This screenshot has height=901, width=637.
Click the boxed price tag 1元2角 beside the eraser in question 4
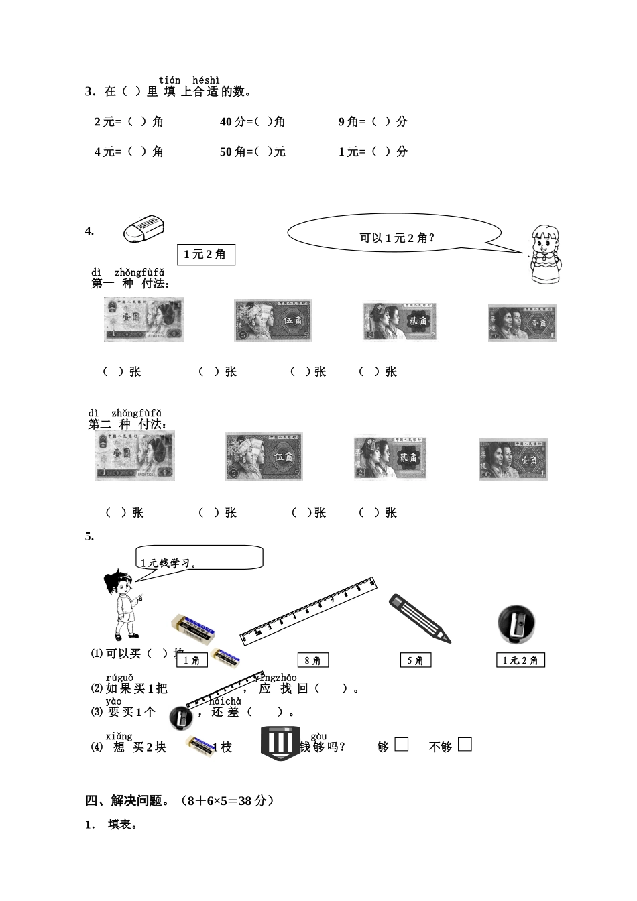click(x=206, y=255)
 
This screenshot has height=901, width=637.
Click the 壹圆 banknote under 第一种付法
click(x=144, y=319)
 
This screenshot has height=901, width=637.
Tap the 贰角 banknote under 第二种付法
click(x=390, y=459)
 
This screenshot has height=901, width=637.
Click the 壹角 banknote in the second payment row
click(x=513, y=459)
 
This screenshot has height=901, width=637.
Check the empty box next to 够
click(x=401, y=744)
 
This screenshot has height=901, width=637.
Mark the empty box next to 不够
click(x=465, y=744)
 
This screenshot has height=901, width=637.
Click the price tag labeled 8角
click(x=312, y=660)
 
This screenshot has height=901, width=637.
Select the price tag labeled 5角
click(x=415, y=660)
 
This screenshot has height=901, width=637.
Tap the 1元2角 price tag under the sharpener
click(x=520, y=660)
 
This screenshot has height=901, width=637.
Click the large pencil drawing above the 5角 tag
click(x=420, y=618)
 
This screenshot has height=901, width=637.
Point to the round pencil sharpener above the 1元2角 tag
click(x=517, y=623)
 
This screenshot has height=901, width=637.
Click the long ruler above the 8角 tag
click(x=309, y=610)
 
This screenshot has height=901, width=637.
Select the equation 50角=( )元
click(x=253, y=152)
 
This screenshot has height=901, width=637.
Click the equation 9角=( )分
click(x=373, y=122)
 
